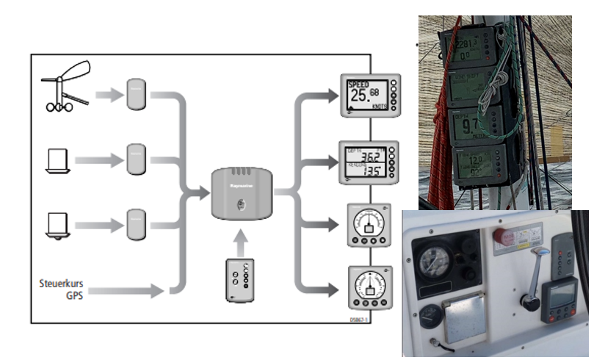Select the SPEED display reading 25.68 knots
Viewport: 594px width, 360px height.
(370, 96)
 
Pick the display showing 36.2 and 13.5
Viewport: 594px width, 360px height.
(370, 161)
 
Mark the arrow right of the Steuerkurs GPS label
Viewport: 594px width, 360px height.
(128, 292)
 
